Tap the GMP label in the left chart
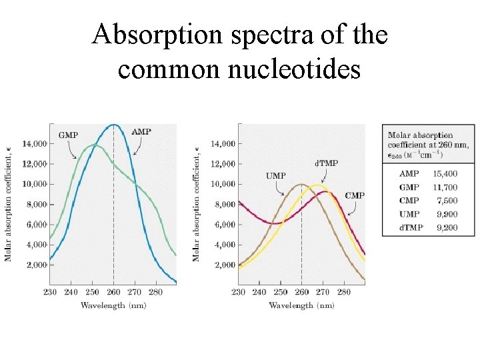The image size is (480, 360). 68,135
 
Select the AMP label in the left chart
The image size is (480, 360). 141,132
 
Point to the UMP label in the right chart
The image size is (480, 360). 275,176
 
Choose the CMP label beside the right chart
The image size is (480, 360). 355,195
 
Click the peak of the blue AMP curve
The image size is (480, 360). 113,125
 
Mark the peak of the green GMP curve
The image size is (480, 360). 96,145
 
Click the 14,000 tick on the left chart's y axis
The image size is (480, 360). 34,143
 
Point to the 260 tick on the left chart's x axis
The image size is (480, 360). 113,292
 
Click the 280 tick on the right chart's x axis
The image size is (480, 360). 344,292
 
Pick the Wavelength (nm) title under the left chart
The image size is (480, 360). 113,305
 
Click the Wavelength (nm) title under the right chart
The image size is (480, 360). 301,305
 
